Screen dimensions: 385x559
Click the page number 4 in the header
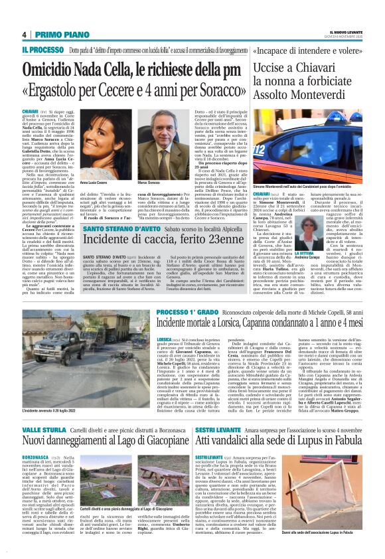24,35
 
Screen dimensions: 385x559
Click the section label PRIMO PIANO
55,35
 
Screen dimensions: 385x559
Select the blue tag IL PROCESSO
43,49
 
